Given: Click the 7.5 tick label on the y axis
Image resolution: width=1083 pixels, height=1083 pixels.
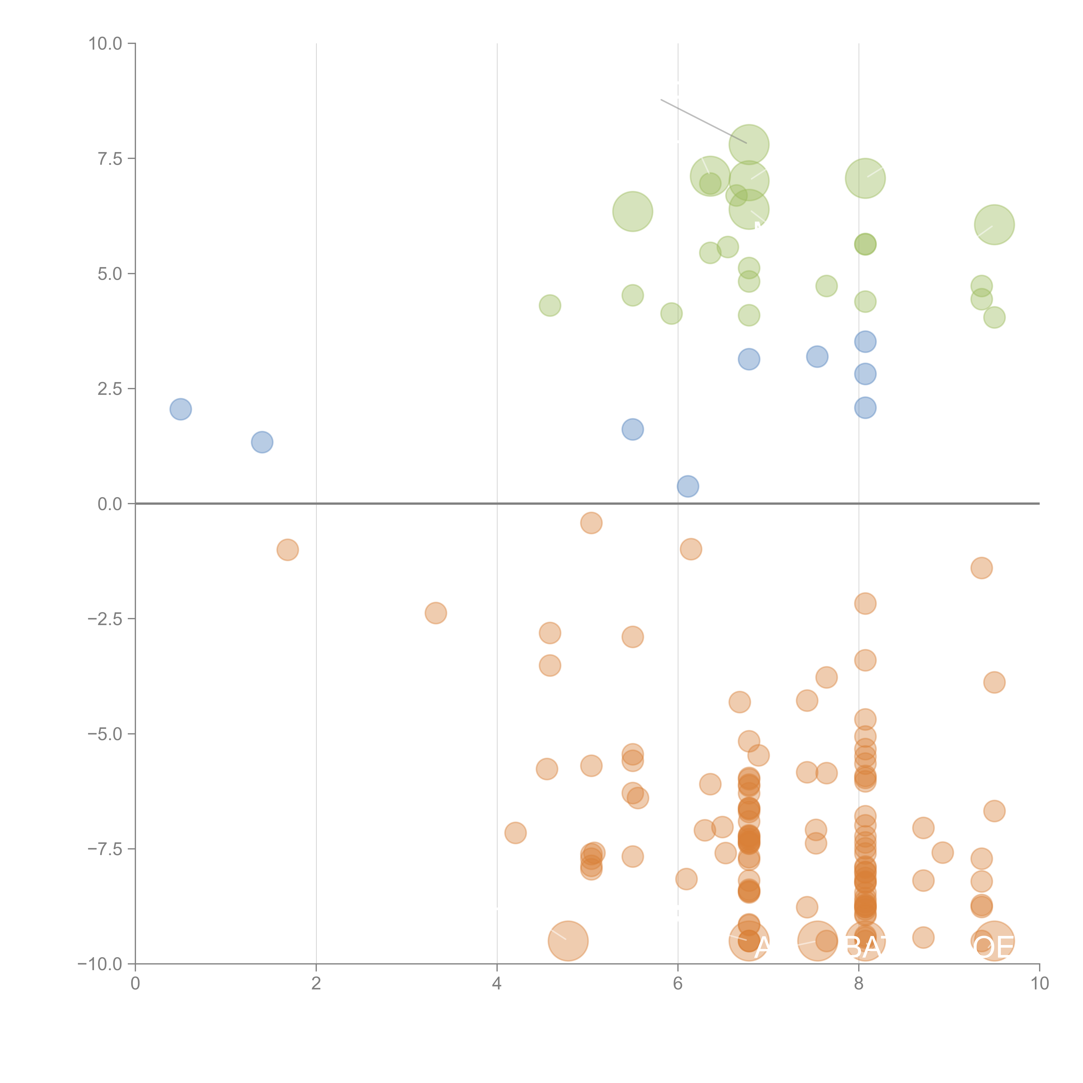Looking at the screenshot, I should (x=110, y=159).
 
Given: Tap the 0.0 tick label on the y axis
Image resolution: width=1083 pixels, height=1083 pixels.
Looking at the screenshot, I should (x=110, y=504).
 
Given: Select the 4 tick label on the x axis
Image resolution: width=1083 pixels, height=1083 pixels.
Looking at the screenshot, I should (x=497, y=984).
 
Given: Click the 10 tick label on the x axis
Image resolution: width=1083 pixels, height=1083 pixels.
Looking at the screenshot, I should (x=1039, y=984).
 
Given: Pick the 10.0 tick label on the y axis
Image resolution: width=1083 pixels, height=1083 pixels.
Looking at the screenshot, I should (x=105, y=44).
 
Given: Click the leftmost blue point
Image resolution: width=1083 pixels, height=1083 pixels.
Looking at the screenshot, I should (x=180, y=409).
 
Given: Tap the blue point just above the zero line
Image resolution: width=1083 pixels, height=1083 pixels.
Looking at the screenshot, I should (x=688, y=486).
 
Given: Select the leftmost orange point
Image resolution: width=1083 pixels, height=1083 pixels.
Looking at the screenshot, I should (x=288, y=550).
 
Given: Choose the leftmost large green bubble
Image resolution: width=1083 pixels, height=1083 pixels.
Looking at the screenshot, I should (x=632, y=211).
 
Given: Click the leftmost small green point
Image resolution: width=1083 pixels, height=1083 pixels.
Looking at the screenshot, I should (x=550, y=305).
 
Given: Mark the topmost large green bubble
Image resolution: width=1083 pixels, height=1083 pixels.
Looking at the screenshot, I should (x=749, y=145).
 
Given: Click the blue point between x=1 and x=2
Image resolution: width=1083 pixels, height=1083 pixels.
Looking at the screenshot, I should (x=262, y=442).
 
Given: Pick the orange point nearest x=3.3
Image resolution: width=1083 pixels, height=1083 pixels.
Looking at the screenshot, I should (x=436, y=613).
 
